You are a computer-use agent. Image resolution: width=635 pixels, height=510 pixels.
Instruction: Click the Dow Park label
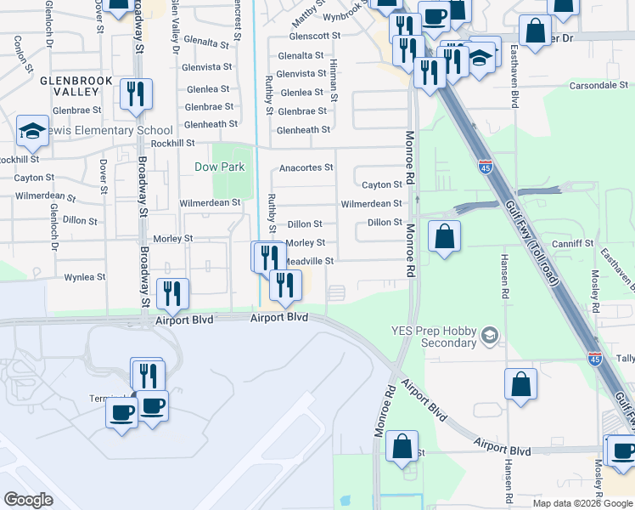click(220, 167)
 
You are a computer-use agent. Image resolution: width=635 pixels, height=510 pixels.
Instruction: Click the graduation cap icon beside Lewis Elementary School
click(31, 131)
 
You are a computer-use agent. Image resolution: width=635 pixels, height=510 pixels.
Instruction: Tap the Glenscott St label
click(314, 37)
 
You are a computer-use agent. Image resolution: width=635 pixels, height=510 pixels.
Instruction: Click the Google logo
click(28, 499)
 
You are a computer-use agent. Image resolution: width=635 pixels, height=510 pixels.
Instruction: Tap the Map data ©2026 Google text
click(582, 503)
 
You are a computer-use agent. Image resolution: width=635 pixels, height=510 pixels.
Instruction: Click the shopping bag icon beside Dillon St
click(444, 236)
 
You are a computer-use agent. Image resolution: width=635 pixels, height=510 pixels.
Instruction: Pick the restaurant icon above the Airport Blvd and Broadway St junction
click(172, 294)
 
